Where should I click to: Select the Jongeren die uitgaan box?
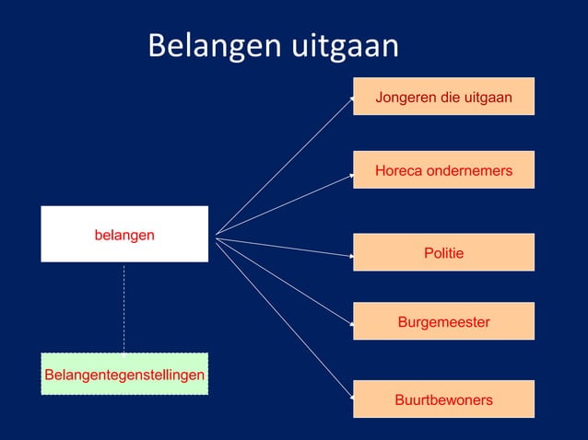pos(443,97)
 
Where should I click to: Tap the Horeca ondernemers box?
pos(443,170)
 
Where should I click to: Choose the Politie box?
pos(443,252)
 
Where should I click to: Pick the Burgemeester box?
pos(443,321)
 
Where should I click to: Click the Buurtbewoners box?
pos(443,399)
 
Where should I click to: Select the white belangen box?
pos(124,235)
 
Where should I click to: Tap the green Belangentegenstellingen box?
pos(124,374)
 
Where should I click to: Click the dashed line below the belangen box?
pos(124,308)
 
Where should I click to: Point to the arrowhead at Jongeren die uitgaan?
pos(350,94)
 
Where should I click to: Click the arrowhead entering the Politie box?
pos(350,255)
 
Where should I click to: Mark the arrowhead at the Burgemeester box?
pos(350,324)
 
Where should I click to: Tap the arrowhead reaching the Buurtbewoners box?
pos(350,398)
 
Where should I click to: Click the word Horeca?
pos(398,170)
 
